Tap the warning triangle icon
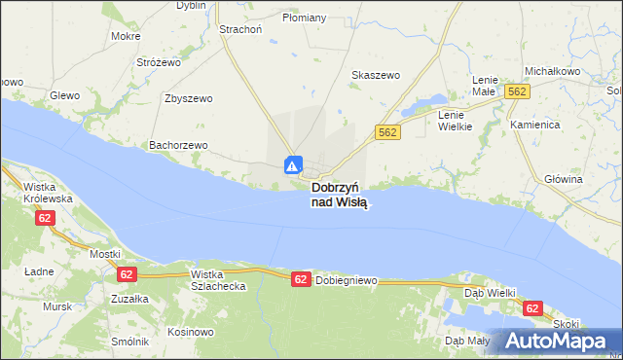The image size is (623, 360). coord(293,164)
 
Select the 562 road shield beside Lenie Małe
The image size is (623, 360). coord(517,90)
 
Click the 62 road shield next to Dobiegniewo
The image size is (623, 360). coord(301,279)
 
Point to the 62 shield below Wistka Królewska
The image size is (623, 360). coord(45,218)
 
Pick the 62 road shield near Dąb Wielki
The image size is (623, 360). coord(531,307)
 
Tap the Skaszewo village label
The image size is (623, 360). coord(376,75)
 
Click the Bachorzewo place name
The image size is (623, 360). coord(178,145)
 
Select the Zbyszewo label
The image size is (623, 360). coord(189,98)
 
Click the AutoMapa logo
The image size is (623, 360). coord(555,341)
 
